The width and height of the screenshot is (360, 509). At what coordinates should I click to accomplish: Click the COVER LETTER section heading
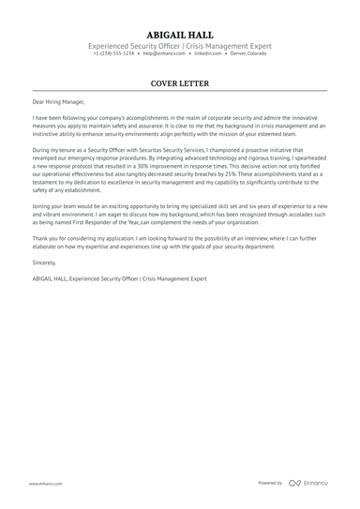(x=180, y=82)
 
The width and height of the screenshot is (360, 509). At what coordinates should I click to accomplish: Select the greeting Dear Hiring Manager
(x=55, y=101)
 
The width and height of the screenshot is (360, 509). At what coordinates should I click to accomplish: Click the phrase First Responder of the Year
(x=95, y=222)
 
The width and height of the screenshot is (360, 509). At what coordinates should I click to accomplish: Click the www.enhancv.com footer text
(x=46, y=483)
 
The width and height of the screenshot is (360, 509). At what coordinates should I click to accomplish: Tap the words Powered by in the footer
(x=270, y=483)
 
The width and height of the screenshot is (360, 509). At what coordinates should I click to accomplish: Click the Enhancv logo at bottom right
(x=310, y=483)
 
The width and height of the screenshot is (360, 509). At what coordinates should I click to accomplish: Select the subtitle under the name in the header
(x=180, y=45)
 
